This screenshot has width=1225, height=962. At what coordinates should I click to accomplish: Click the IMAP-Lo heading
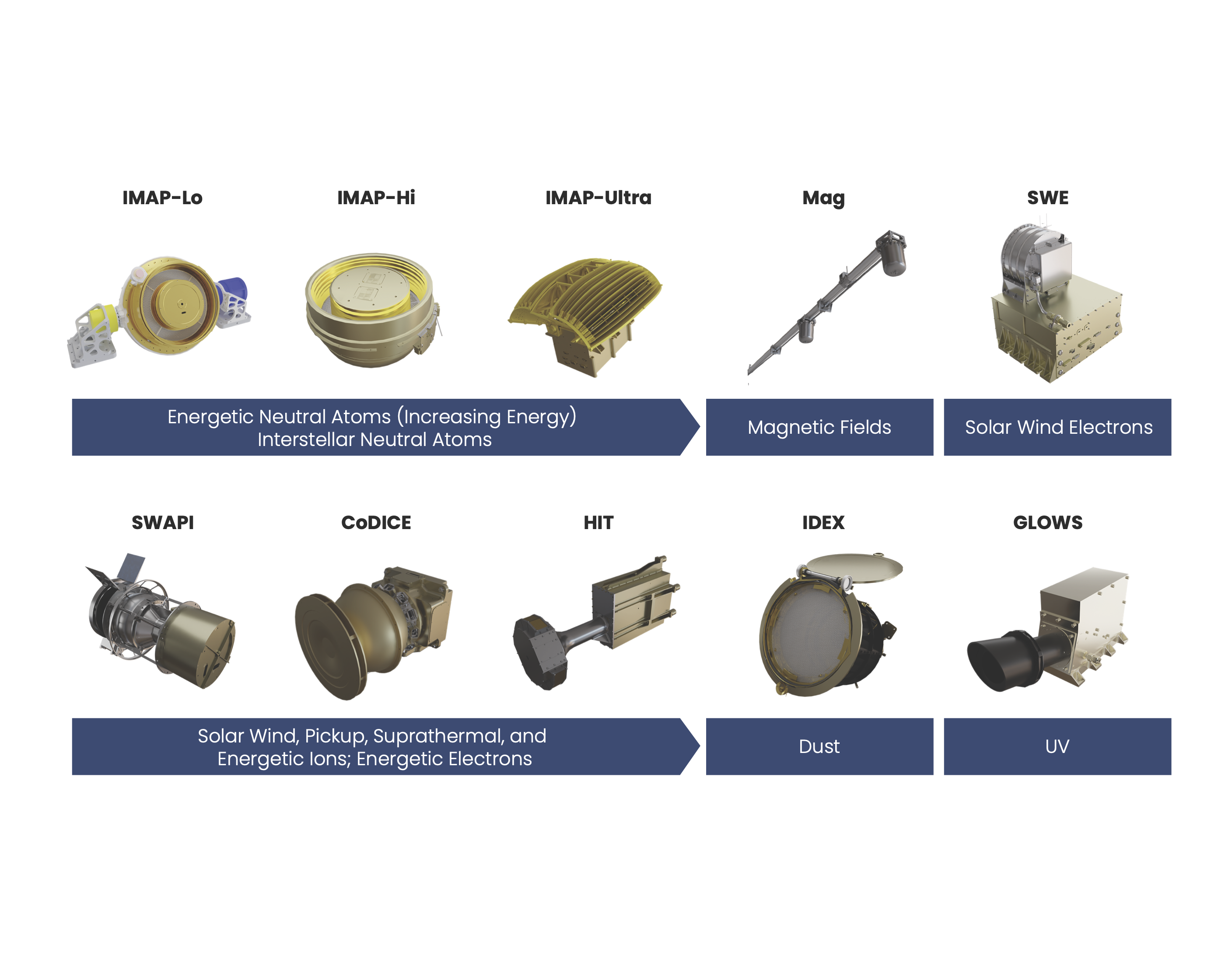162,198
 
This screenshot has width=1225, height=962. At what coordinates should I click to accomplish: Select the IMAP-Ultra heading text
598,198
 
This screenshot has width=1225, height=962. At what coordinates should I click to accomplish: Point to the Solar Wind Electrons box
1057,427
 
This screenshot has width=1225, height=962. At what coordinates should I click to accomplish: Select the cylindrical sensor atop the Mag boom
893,256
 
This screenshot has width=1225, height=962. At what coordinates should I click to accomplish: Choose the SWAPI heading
162,523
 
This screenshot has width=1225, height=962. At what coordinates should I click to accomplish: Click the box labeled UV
1057,746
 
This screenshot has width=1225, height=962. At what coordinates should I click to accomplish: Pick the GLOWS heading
1047,523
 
